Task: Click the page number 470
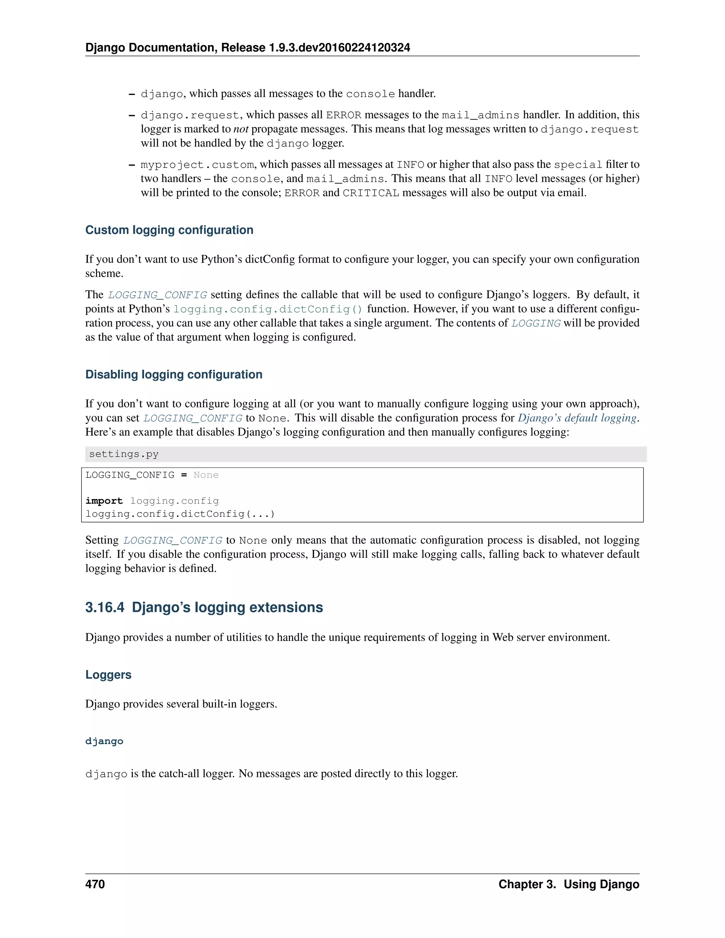click(95, 884)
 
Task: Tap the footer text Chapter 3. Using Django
click(569, 884)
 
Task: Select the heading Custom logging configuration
click(169, 230)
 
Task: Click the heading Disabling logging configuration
click(173, 374)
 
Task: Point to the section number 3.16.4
click(105, 607)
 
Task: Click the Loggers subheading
click(108, 674)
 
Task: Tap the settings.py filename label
click(124, 454)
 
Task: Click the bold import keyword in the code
click(104, 501)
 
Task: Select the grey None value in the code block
click(206, 475)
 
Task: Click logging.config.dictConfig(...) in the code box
click(180, 514)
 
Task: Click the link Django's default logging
click(577, 418)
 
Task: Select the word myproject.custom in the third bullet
click(197, 165)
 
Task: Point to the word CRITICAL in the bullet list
click(371, 193)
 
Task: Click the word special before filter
click(578, 165)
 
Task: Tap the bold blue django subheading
click(104, 741)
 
